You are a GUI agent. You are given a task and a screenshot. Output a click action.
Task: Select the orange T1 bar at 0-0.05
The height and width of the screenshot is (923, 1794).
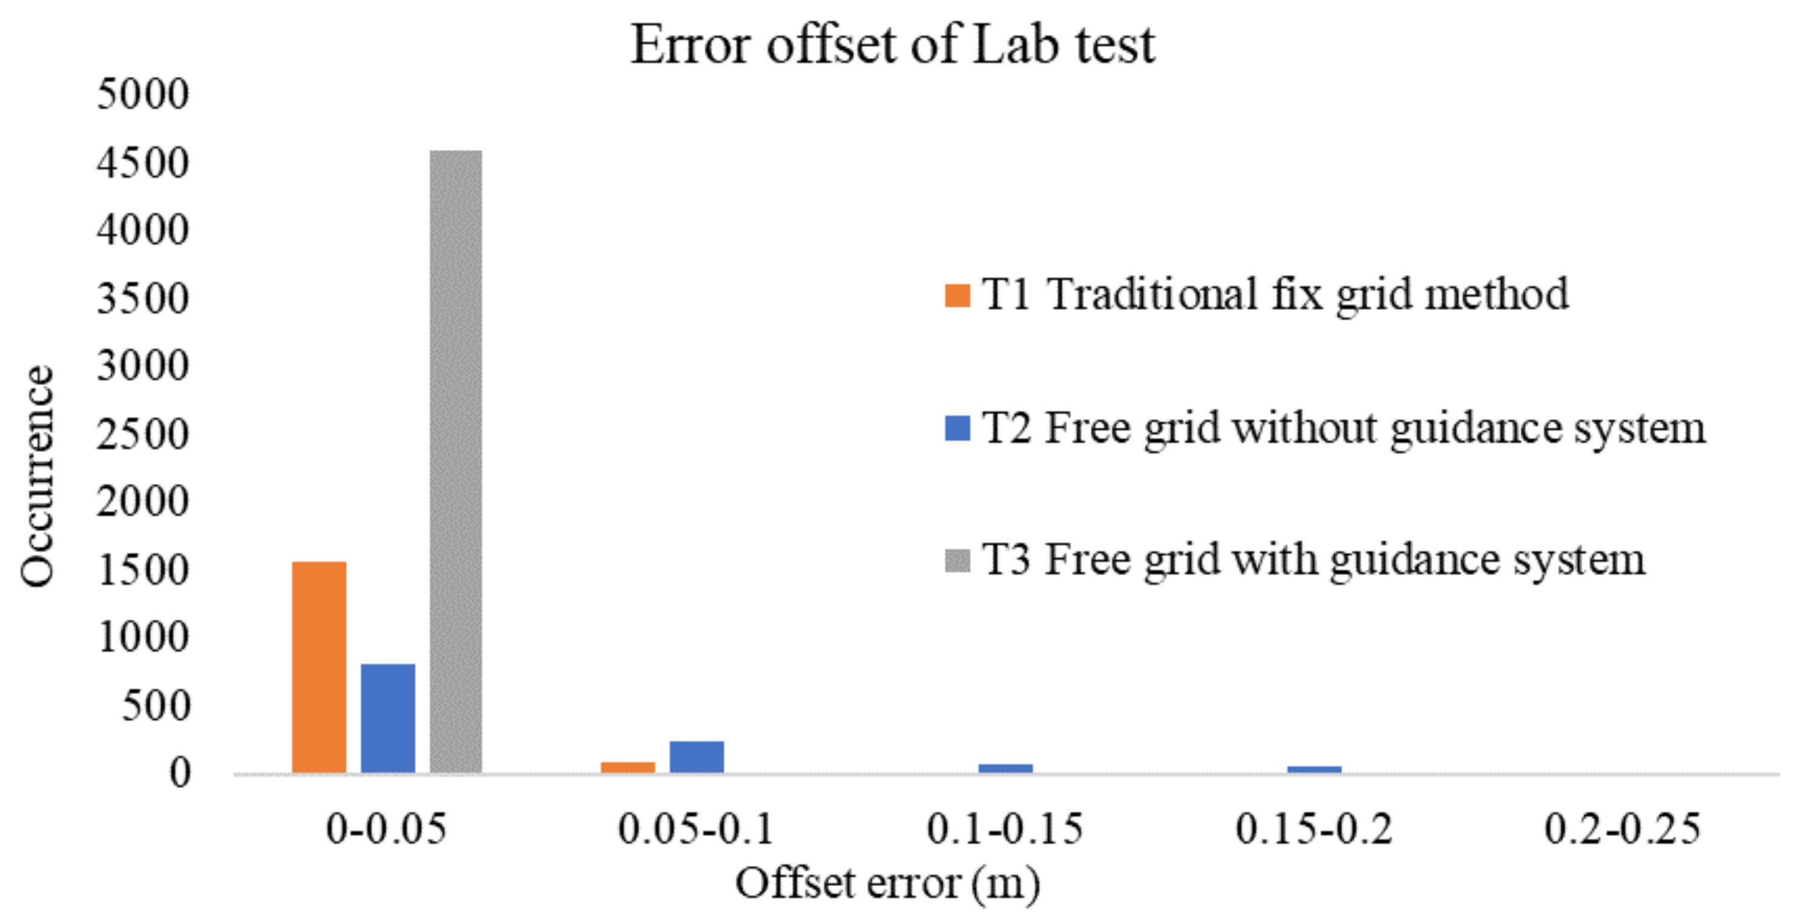(319, 667)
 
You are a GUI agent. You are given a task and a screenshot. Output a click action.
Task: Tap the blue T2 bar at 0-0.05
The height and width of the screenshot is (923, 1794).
(388, 718)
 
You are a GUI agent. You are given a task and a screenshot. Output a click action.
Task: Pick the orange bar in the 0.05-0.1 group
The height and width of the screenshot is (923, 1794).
(628, 767)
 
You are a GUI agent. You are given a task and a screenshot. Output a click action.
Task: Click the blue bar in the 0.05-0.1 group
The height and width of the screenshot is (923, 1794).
(697, 756)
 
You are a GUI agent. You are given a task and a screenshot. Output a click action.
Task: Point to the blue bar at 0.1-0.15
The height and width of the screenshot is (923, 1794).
(1005, 768)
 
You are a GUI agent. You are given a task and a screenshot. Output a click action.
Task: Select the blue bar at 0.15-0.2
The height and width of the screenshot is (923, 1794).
(1314, 769)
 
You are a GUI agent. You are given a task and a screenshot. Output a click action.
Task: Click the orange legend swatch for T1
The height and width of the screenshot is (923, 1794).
(957, 296)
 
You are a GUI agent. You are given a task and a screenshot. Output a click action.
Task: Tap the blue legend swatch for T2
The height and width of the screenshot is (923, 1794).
(957, 428)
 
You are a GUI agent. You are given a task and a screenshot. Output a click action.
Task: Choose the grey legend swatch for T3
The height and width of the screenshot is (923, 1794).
(957, 561)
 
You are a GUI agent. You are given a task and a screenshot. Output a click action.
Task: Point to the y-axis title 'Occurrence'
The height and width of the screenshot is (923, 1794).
(36, 476)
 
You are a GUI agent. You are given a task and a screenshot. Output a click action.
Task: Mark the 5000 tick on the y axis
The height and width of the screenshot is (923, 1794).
(143, 94)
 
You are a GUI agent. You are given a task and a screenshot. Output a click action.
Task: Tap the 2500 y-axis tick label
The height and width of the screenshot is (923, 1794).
(143, 433)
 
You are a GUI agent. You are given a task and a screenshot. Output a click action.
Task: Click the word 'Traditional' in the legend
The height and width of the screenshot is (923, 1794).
(1153, 294)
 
